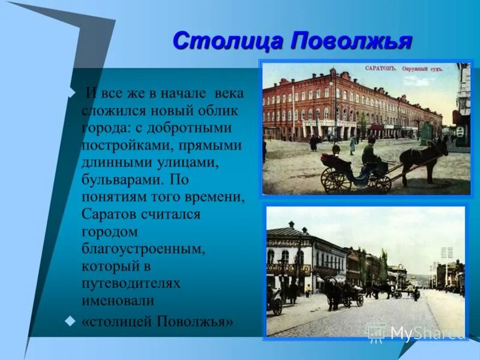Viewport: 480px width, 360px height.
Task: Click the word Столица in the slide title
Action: point(227,41)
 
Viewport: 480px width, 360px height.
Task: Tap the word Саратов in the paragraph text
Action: point(107,214)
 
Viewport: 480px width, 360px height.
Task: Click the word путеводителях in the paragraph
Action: point(131,283)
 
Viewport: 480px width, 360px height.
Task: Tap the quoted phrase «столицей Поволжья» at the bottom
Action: point(157,321)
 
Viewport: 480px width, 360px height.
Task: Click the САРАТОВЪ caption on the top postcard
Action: point(380,68)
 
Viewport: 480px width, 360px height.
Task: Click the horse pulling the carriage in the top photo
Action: point(425,157)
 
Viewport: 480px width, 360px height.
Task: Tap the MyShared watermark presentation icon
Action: point(376,332)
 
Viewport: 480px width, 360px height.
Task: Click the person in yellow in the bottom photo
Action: point(308,290)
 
